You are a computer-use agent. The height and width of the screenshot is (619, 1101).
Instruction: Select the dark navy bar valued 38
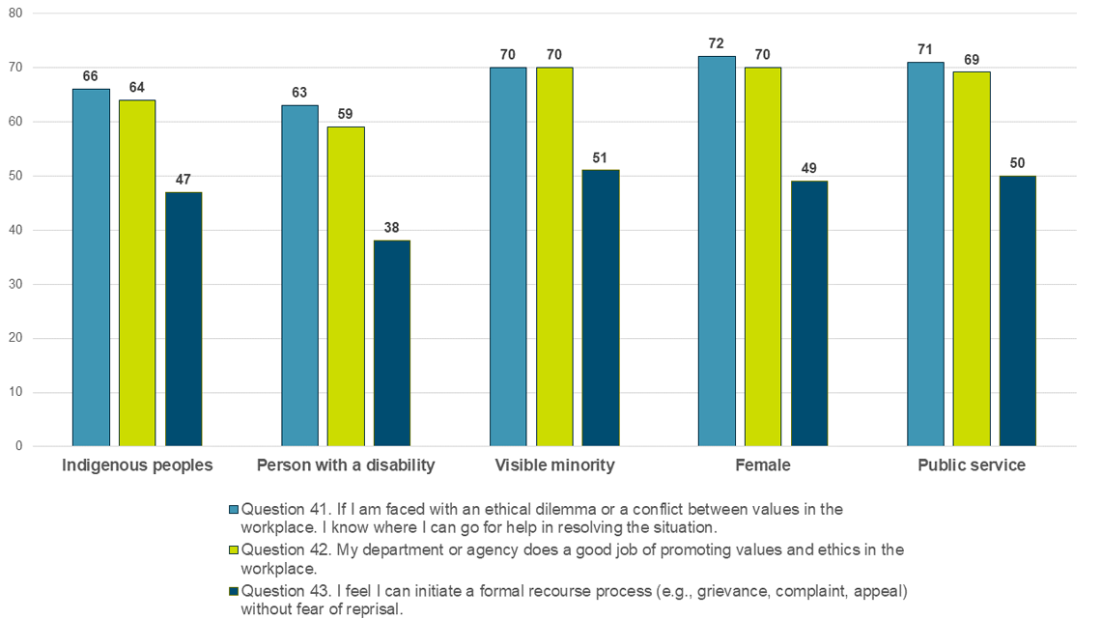point(392,343)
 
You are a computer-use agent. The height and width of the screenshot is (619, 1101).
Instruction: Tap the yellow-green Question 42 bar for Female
point(763,257)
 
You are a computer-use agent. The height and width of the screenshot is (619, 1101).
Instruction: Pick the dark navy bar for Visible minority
point(601,308)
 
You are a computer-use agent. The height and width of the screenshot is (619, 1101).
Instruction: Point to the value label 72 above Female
point(717,43)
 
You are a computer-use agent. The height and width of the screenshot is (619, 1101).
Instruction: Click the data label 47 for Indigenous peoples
point(183,180)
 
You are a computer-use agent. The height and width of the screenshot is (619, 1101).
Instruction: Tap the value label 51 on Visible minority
point(601,157)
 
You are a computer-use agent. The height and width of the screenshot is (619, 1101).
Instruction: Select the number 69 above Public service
point(972,60)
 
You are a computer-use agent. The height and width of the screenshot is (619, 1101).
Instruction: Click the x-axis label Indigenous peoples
point(137,465)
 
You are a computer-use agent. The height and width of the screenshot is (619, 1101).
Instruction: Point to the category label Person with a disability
point(346,465)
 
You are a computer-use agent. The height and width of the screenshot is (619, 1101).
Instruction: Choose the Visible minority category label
point(554,465)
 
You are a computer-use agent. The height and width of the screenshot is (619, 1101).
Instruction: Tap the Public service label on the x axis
point(972,465)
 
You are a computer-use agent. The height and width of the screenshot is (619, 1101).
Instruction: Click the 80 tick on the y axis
point(14,14)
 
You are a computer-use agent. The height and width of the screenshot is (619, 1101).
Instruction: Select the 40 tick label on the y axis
point(14,230)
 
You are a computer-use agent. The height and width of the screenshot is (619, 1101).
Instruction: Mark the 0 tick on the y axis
point(18,446)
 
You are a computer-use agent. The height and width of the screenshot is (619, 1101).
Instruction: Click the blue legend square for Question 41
point(233,508)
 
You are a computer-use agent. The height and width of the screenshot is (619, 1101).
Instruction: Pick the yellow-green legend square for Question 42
point(233,549)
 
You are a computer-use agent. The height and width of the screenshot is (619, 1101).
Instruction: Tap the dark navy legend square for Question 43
point(233,591)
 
